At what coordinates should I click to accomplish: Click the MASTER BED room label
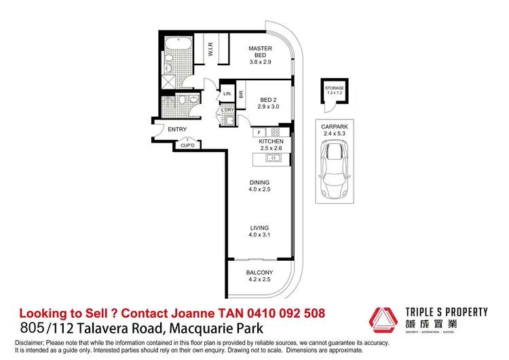[260, 53]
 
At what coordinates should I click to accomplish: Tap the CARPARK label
[333, 129]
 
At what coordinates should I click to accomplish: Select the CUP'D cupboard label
[187, 144]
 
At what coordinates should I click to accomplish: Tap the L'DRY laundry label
[227, 110]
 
